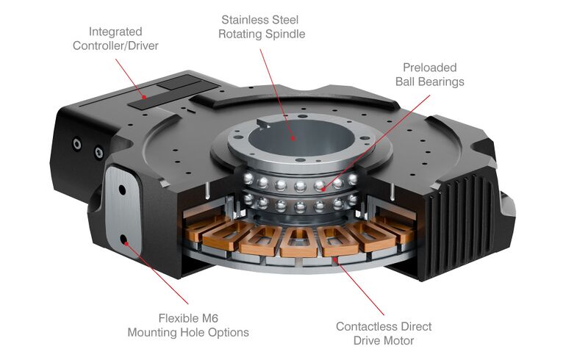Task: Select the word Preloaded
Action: (x=430, y=68)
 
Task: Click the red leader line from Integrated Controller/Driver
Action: (x=135, y=73)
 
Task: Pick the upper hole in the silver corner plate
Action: (x=122, y=190)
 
